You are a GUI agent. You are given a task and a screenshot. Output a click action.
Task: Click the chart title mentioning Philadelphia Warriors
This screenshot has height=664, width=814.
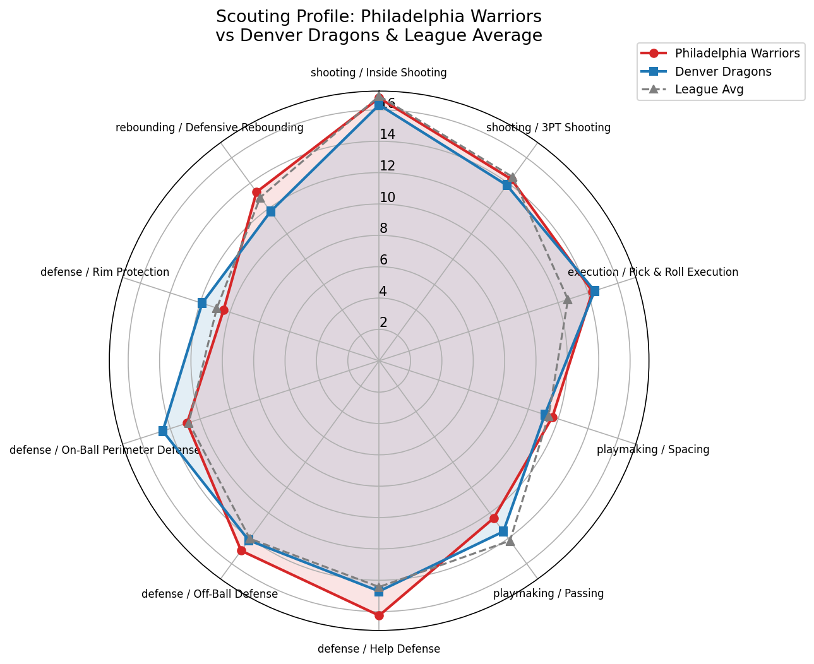coord(378,26)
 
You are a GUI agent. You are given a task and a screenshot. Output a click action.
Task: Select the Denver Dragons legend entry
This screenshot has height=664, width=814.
coord(722,71)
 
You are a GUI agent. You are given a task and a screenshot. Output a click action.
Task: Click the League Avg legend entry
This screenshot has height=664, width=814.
coord(709,89)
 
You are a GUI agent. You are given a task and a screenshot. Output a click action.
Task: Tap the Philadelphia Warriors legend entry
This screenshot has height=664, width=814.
coord(737,53)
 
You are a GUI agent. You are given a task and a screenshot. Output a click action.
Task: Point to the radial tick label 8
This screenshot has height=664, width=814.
coord(383,228)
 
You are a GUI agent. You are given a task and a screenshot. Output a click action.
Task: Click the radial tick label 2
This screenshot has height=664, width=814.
coord(383,323)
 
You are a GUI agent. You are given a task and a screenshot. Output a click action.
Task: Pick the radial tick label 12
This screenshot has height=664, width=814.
coord(387,166)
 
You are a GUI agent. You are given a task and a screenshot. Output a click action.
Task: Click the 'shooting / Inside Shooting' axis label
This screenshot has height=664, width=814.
coord(378,73)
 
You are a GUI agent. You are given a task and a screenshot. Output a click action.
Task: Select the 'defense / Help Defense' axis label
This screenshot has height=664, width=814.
coord(378,649)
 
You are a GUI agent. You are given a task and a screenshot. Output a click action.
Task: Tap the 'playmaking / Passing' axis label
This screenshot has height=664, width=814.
coord(548,593)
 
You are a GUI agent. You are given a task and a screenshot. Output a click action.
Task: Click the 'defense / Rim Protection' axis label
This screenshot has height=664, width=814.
coord(105,272)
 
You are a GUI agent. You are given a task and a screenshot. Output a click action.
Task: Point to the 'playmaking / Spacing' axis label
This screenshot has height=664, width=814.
coord(653,450)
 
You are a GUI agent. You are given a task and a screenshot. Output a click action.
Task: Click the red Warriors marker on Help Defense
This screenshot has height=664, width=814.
coord(379,615)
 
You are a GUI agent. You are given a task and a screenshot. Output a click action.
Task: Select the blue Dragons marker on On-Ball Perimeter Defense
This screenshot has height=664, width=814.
coord(162,431)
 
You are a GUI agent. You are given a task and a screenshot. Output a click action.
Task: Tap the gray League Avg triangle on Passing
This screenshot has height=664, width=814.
coord(510,541)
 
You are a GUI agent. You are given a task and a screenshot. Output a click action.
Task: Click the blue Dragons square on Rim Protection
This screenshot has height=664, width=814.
coord(202,304)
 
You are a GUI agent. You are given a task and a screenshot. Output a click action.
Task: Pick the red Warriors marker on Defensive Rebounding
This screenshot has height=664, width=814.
coord(256,192)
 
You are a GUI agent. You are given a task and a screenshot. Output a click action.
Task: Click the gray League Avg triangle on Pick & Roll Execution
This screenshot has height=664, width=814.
coord(568,300)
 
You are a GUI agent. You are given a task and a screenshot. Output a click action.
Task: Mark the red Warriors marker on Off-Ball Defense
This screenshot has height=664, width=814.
coord(241,551)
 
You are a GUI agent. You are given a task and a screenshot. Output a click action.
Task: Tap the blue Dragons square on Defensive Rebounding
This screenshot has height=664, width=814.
coord(270,211)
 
